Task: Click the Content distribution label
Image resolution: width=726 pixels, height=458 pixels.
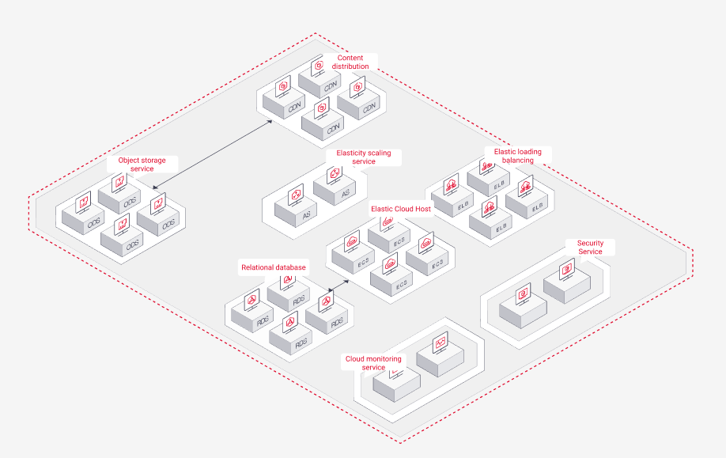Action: click(x=350, y=62)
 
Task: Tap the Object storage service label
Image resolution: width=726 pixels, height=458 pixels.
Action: click(x=142, y=165)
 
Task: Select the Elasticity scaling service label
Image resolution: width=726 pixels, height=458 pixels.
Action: click(x=363, y=157)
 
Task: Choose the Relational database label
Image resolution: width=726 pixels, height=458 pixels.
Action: click(x=273, y=268)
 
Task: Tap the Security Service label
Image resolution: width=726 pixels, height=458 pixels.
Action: click(x=590, y=248)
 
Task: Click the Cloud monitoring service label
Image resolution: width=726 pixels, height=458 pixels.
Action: click(x=373, y=363)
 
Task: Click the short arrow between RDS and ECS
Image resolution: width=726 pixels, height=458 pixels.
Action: click(x=338, y=285)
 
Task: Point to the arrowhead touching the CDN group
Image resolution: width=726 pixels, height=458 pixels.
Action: click(x=269, y=123)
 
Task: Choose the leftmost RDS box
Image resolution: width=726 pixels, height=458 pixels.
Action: click(x=252, y=316)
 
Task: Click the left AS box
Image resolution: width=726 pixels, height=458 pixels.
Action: click(x=297, y=211)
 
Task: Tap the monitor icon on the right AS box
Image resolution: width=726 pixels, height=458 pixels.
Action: click(x=333, y=174)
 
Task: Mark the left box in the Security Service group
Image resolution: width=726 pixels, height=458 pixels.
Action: click(x=523, y=309)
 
